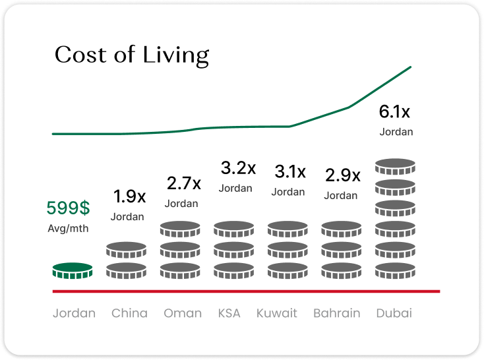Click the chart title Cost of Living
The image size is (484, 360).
coord(132,55)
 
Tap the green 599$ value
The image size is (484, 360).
coord(68,208)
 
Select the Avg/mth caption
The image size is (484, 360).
coord(68,229)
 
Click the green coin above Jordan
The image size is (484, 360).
coord(73,270)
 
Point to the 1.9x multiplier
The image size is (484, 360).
coord(129,196)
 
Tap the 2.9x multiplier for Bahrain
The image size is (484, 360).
coord(343,175)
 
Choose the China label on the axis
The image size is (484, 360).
coord(129,313)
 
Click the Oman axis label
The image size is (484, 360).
coord(183,313)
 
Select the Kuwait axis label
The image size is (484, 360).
coord(277,313)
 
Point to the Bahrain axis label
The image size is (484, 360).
coord(336,313)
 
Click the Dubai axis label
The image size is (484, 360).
coord(394,313)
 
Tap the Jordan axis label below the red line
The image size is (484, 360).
coord(74,313)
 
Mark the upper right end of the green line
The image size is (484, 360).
coord(411,67)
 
